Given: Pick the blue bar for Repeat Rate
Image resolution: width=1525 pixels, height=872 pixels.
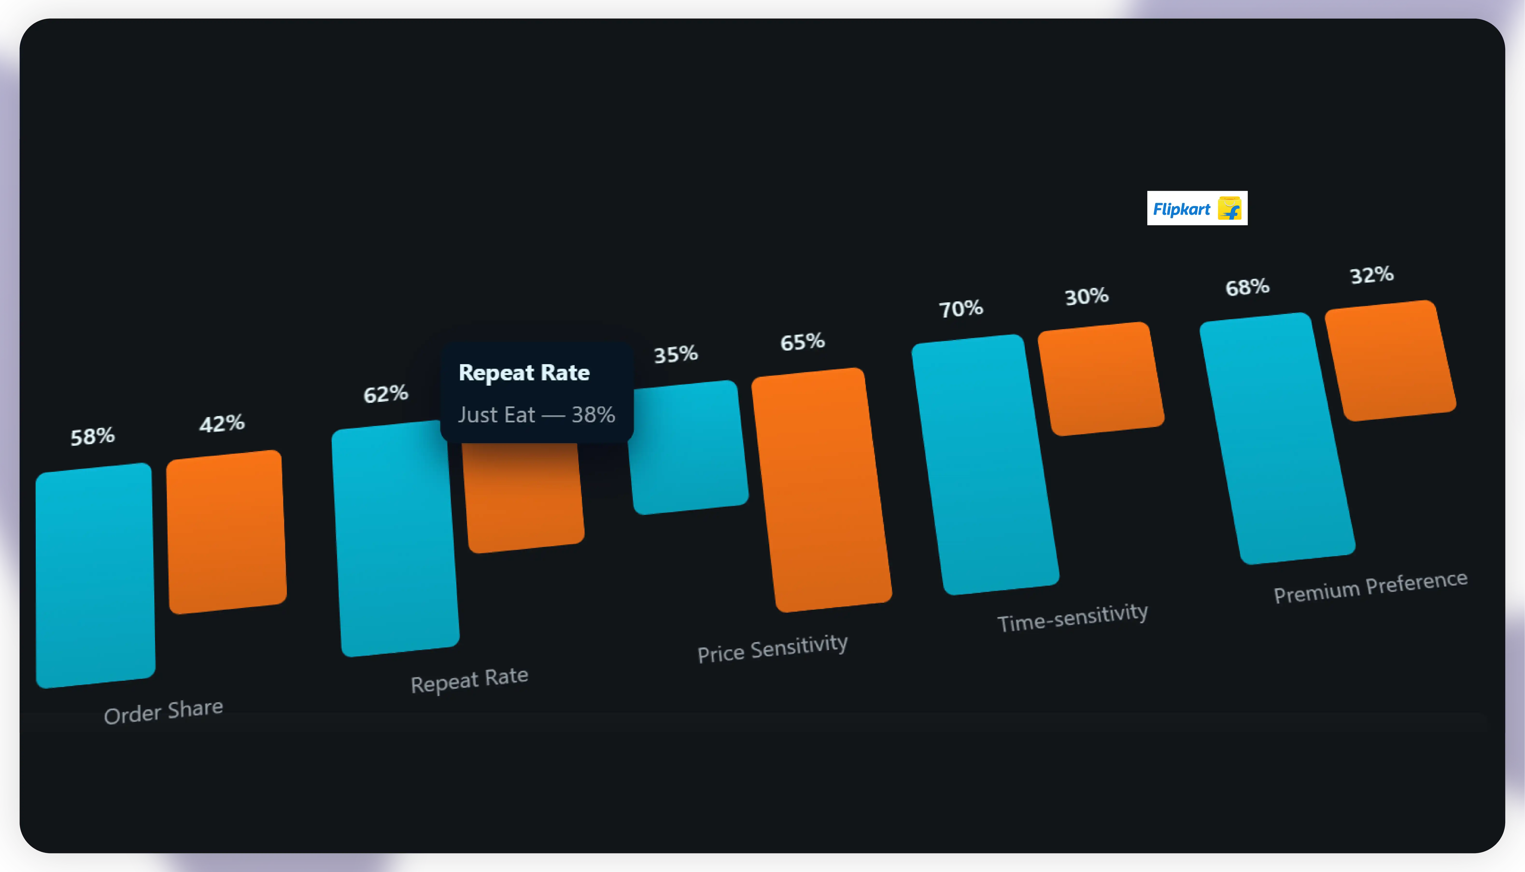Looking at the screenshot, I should point(395,539).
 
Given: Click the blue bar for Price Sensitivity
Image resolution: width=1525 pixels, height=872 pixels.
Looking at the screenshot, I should point(689,448).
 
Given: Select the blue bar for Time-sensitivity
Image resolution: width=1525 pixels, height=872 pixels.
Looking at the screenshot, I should point(985,464).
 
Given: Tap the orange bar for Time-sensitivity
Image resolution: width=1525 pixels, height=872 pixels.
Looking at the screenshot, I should point(1101,378).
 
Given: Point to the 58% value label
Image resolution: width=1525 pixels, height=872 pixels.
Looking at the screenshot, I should point(93,437).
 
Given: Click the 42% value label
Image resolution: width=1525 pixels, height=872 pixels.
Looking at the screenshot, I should point(222,423).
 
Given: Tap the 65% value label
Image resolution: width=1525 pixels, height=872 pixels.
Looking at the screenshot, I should point(802,342).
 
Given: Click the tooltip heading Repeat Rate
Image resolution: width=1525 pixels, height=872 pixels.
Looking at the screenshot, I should point(524,373).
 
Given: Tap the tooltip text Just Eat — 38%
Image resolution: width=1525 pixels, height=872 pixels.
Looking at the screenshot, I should point(537,414).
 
